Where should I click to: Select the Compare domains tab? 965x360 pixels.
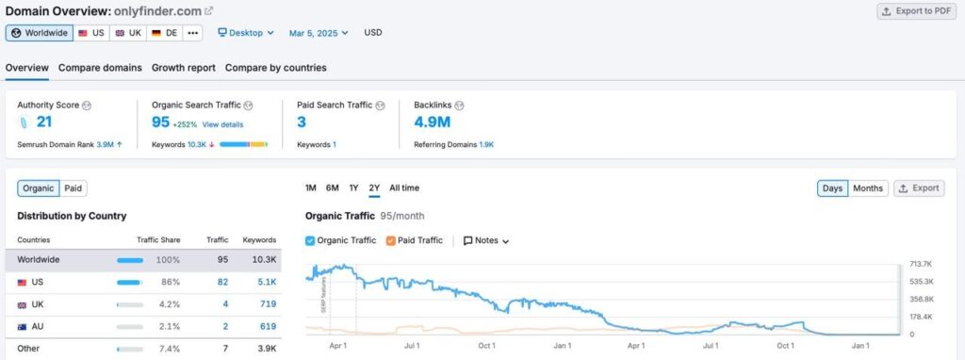point(100,68)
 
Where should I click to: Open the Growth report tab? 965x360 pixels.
point(184,68)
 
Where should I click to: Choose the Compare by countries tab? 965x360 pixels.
point(275,68)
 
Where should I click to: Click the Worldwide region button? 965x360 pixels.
point(40,33)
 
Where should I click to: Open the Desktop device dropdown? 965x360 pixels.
point(246,33)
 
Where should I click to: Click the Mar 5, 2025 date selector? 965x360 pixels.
point(318,33)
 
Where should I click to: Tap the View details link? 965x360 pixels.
point(222,124)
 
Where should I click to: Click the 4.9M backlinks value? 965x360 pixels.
point(432,122)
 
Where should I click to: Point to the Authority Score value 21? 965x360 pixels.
point(44,122)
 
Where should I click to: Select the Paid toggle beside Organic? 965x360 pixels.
point(74,188)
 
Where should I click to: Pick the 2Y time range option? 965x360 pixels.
point(374,188)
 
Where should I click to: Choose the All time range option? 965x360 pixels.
point(404,188)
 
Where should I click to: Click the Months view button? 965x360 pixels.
point(867,188)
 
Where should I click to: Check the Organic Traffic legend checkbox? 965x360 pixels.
point(311,240)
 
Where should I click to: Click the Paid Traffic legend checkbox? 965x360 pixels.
point(392,240)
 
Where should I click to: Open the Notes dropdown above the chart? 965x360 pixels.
point(486,240)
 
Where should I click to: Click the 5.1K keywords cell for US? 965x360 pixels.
point(266,282)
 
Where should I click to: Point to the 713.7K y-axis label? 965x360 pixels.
point(920,264)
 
